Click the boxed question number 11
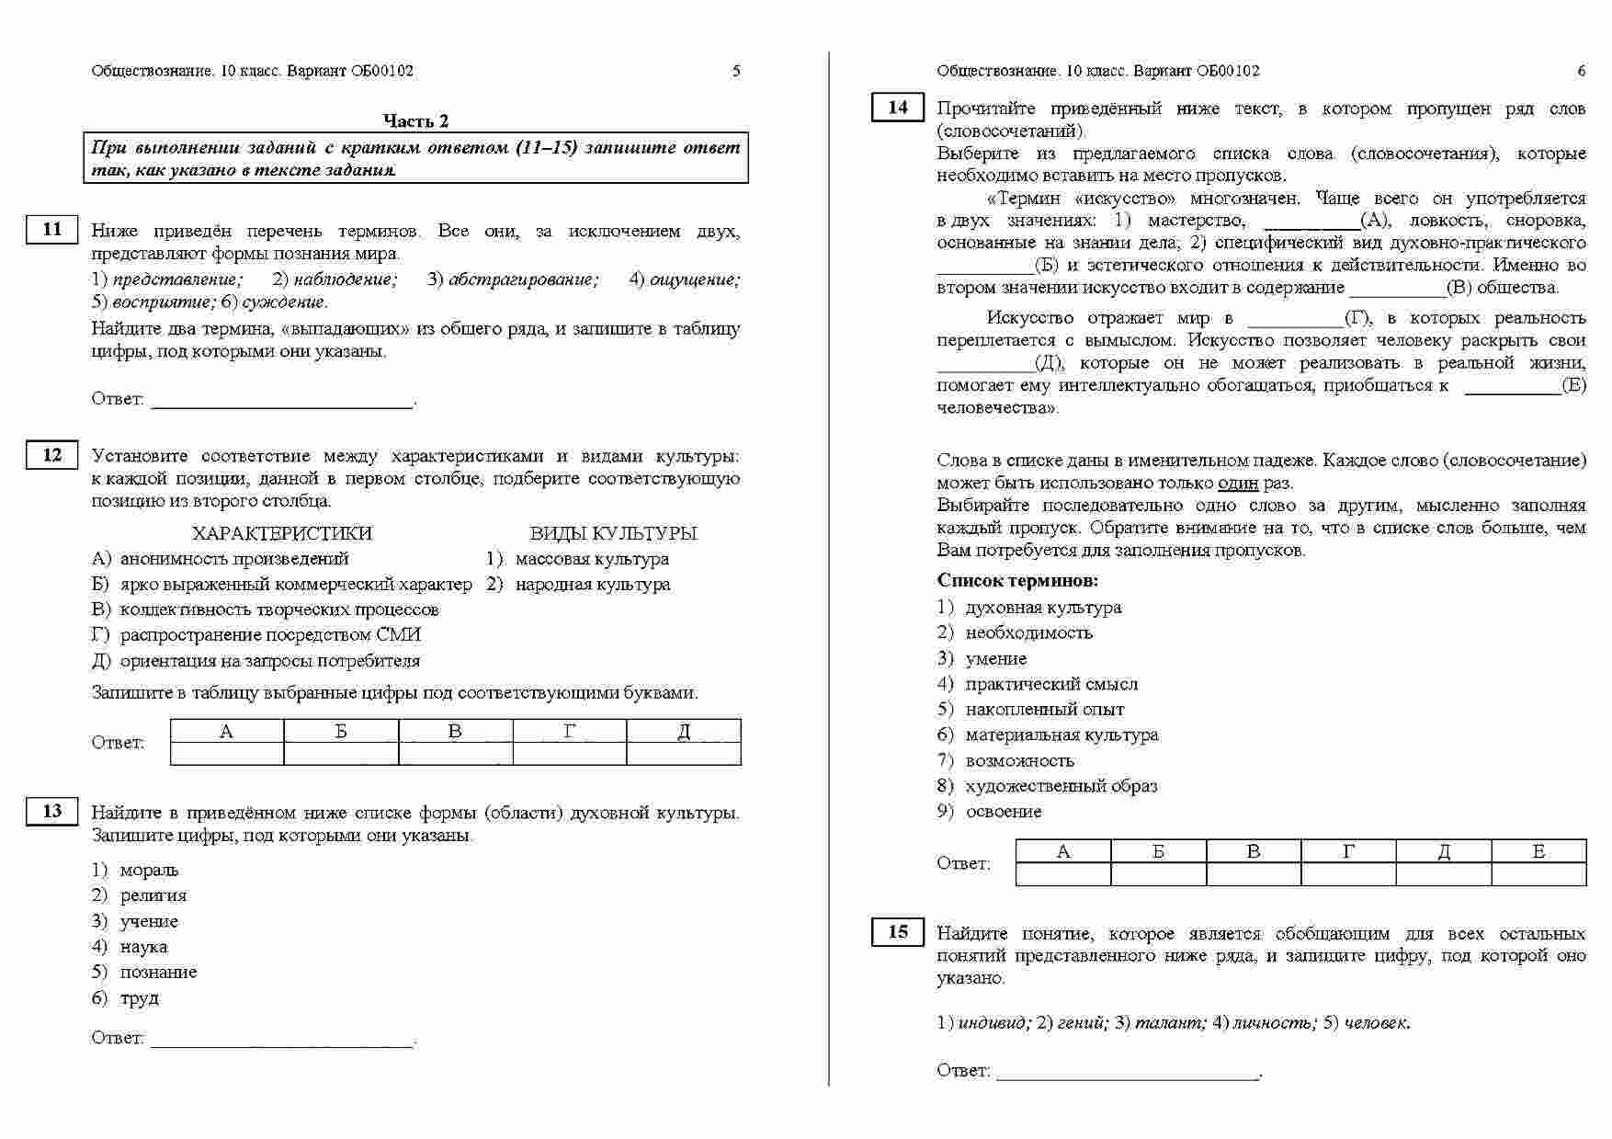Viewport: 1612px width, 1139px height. tap(52, 230)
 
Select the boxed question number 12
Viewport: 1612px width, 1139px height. tap(52, 455)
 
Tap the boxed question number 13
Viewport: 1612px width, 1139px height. tap(52, 811)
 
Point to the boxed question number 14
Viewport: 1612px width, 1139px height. tap(897, 108)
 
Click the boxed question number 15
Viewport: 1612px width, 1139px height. tap(897, 932)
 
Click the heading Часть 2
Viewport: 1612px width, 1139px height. tap(415, 121)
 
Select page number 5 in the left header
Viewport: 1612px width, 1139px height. tap(735, 71)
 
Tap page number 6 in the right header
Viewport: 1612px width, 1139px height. tap(1581, 71)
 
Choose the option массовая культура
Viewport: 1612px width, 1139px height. tap(592, 559)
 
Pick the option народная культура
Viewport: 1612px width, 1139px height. tap(593, 585)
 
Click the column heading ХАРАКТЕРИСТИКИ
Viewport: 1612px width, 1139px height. tap(282, 533)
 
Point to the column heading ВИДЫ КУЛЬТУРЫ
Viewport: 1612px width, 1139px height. tap(613, 533)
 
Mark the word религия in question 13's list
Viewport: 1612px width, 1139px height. tap(153, 895)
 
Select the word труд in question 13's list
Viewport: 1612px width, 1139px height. tap(139, 998)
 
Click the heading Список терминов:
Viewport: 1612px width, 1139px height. tap(1017, 581)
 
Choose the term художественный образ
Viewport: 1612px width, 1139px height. tap(1061, 786)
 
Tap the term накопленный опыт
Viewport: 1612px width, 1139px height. tap(1044, 710)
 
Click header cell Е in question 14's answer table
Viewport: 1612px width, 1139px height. tap(1538, 851)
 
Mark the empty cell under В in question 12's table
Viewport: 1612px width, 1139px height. tap(455, 754)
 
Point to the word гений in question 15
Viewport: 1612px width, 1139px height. tap(1082, 1023)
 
